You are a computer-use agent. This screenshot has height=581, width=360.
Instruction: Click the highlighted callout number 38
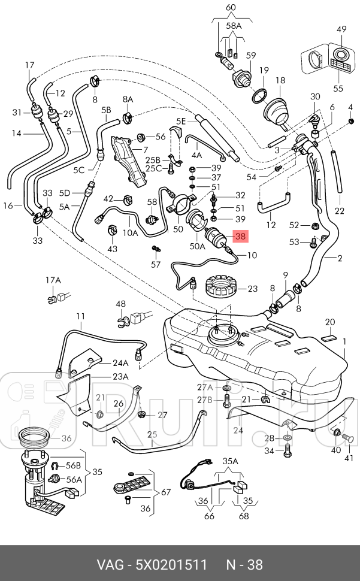(241, 237)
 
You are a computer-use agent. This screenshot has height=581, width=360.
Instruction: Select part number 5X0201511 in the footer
(172, 565)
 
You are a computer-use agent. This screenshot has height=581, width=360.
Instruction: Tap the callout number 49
(341, 29)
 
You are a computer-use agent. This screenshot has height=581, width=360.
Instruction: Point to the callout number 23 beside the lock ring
(252, 289)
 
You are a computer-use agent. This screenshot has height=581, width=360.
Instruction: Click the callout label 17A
(53, 280)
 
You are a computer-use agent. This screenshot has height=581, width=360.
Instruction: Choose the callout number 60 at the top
(231, 7)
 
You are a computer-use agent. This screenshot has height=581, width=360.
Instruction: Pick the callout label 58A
(234, 26)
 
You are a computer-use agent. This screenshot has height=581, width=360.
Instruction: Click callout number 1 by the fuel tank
(344, 341)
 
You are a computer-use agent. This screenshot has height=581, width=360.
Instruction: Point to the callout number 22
(340, 211)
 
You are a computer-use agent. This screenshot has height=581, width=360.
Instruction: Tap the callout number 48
(121, 304)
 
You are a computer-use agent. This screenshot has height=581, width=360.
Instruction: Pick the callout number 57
(156, 264)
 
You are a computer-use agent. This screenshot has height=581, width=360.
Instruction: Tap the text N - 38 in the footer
(244, 565)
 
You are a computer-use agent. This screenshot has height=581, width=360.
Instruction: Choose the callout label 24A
(120, 363)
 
